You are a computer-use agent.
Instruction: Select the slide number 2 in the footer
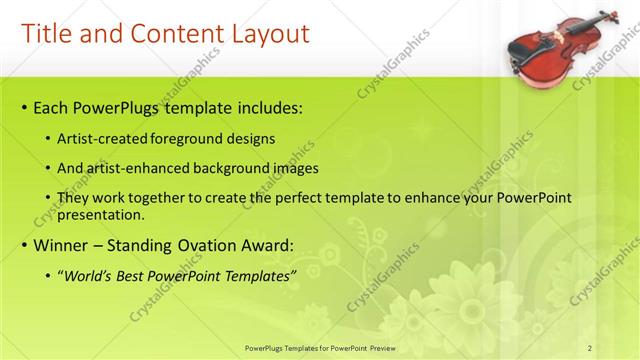tap(590, 347)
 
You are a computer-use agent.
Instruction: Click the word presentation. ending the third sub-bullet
tap(103, 214)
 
